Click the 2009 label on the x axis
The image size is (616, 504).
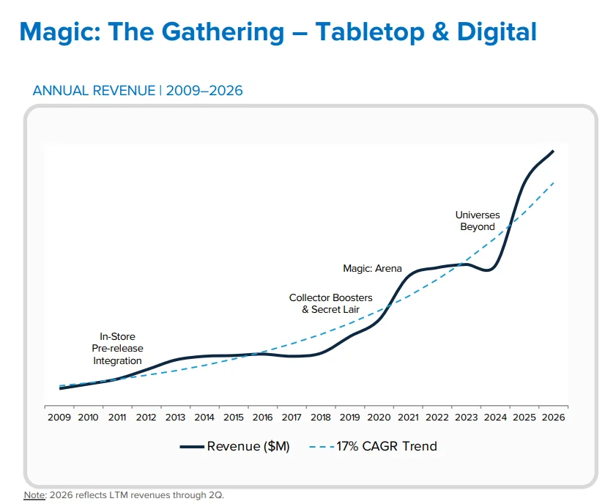click(59, 417)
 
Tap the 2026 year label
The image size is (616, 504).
click(553, 417)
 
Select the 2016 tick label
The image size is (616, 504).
click(262, 417)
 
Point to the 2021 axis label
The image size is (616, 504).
click(408, 417)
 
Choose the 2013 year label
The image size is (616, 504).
click(175, 417)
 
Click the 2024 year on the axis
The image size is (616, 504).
click(495, 417)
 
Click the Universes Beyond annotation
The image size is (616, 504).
click(478, 220)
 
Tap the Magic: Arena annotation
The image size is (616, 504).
click(372, 268)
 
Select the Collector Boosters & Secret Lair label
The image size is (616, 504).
click(331, 304)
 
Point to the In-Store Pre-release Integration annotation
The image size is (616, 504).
click(117, 349)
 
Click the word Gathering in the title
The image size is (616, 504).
click(223, 32)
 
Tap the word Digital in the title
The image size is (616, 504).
click(497, 31)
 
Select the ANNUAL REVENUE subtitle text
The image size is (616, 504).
click(94, 91)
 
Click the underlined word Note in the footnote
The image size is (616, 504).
click(34, 495)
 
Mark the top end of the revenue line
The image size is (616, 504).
click(553, 151)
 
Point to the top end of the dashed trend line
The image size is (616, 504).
click(554, 182)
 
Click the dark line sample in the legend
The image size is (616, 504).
click(192, 447)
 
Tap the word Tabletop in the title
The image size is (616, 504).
click(370, 32)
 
